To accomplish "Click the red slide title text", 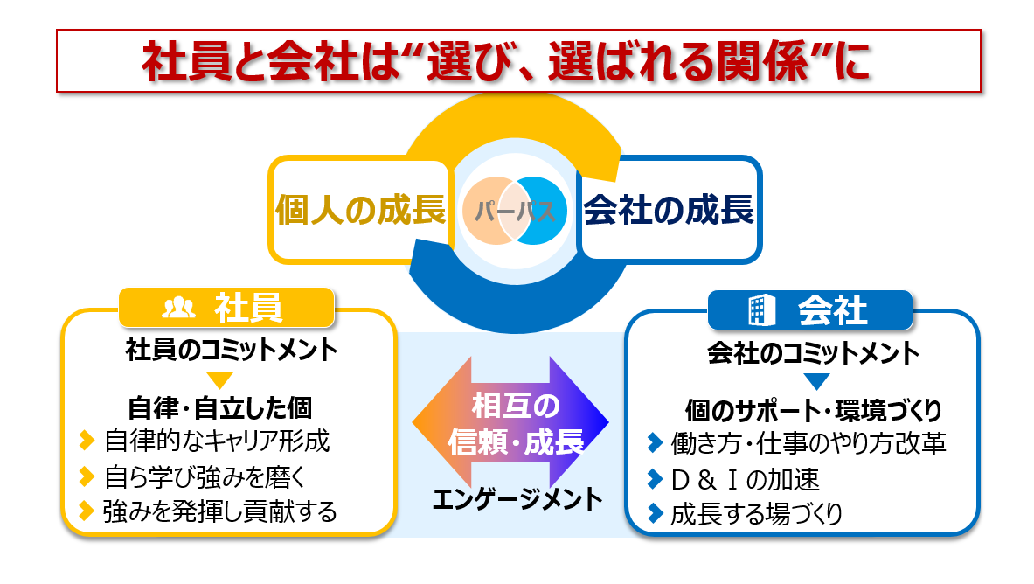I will (x=506, y=61).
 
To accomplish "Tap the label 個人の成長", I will (x=361, y=211).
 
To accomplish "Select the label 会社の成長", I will (x=668, y=211).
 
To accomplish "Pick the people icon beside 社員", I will (x=179, y=308).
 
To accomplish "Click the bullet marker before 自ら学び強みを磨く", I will (x=86, y=476).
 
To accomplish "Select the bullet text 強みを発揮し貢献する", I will (x=219, y=511).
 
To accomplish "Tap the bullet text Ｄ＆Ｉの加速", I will (x=745, y=479).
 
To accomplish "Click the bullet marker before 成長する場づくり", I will (x=655, y=513).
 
